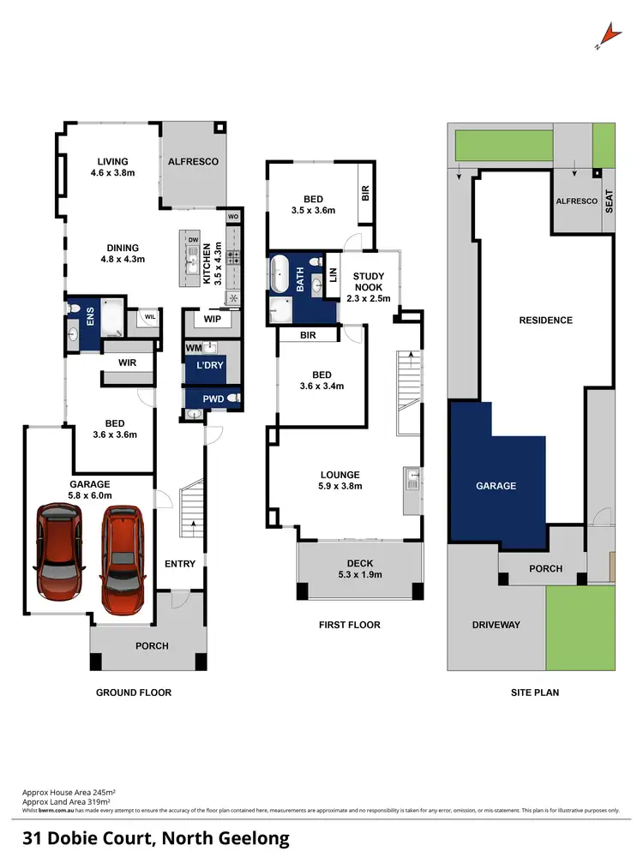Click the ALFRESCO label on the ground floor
click(x=193, y=161)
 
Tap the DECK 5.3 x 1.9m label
click(x=359, y=568)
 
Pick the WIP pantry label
click(x=209, y=320)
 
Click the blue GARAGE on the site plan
click(x=496, y=485)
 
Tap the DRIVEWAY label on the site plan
click(x=496, y=625)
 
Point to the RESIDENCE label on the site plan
click(x=545, y=321)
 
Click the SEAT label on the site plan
click(x=610, y=201)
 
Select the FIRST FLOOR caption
click(x=349, y=625)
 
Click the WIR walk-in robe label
click(x=127, y=363)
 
